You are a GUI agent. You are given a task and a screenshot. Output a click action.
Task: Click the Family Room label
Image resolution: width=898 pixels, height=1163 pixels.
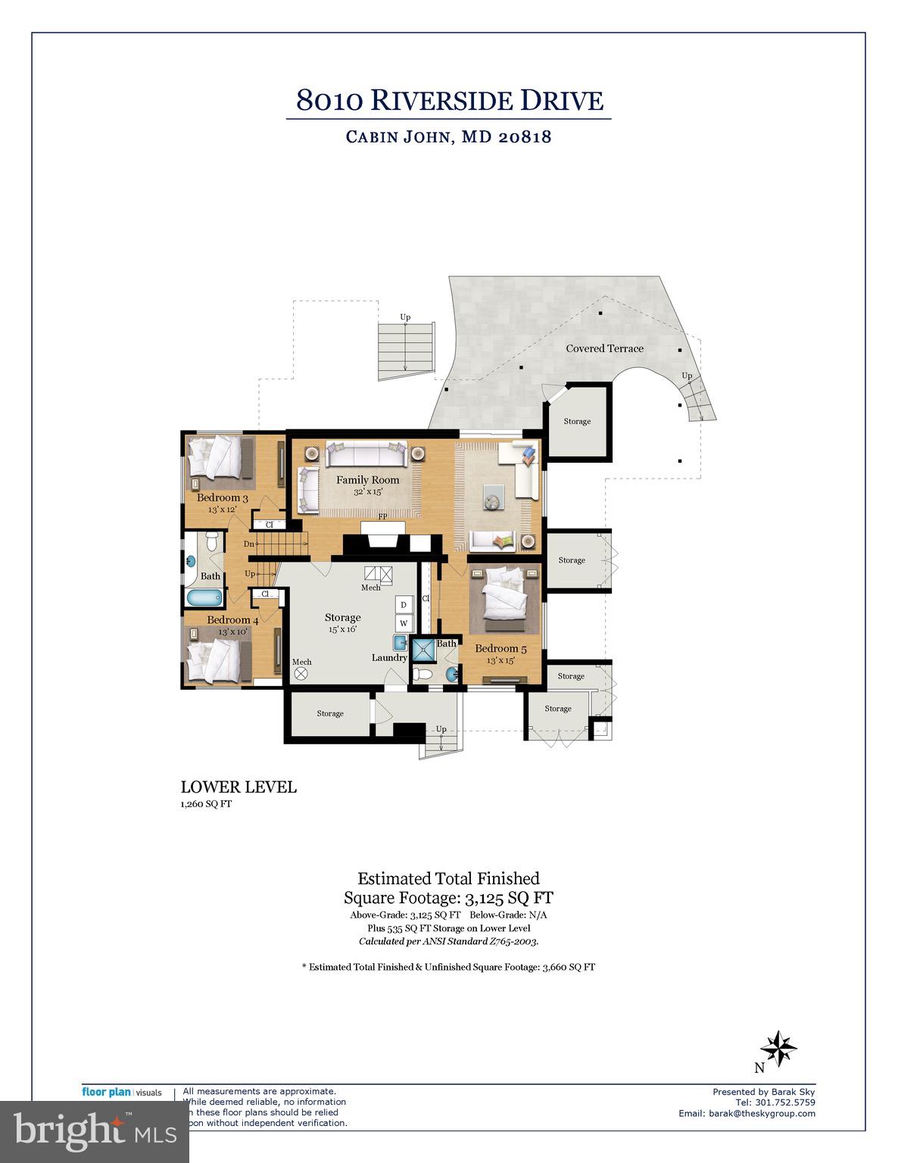367,480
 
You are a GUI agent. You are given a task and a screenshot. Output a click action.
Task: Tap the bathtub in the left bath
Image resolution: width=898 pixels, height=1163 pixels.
203,597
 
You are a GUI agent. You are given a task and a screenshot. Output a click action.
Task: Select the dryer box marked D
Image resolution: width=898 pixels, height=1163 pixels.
404,604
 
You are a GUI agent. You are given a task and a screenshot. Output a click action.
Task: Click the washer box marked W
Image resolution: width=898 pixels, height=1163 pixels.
404,623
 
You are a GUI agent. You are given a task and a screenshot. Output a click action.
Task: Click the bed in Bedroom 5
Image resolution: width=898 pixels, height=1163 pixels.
505,597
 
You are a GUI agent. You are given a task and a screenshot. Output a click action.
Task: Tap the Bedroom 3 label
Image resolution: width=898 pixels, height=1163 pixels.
222,498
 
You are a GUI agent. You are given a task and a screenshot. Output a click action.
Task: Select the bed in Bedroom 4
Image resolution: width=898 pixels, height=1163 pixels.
218,659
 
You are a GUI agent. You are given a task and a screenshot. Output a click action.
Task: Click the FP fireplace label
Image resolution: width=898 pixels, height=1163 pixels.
383,516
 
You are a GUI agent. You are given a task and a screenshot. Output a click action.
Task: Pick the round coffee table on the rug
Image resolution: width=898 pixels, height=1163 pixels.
492,500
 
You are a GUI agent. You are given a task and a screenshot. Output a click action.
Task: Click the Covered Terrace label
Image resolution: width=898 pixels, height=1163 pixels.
604,348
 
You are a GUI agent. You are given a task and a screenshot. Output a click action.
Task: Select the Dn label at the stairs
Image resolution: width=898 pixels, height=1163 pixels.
249,544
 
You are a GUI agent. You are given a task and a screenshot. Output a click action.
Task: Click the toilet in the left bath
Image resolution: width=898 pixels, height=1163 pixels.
212,541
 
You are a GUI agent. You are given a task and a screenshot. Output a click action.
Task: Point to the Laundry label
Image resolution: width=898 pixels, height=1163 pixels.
389,657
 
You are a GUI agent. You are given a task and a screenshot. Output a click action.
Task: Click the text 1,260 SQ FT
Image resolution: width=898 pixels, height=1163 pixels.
206,804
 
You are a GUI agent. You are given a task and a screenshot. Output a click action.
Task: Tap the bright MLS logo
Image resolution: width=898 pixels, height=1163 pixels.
94,1131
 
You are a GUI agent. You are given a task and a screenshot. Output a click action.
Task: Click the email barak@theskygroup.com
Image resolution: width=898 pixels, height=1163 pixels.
747,1113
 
